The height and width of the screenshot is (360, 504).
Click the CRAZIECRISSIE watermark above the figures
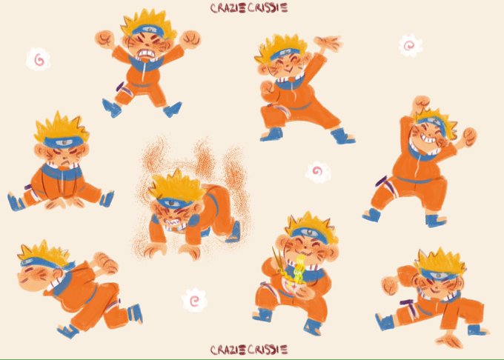(249, 8)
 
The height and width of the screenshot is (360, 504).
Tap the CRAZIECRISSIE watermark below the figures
(249, 350)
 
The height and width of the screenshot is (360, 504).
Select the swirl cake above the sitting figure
(39, 59)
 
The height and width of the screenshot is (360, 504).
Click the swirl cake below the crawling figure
(194, 300)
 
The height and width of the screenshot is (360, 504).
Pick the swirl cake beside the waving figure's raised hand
(411, 46)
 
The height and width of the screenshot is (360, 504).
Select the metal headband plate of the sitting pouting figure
(64, 141)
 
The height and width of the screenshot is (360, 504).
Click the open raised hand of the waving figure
(328, 43)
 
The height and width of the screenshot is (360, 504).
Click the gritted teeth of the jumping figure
(146, 53)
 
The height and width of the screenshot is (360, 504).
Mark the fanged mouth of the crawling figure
(171, 221)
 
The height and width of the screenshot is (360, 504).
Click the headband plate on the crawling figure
(172, 203)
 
